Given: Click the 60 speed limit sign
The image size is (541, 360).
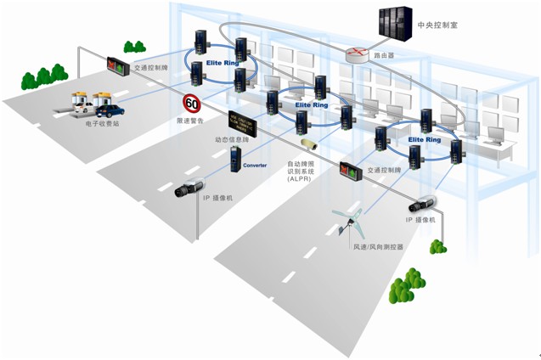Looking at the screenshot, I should (192, 104).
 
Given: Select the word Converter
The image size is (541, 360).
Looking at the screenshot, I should (255, 166).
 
